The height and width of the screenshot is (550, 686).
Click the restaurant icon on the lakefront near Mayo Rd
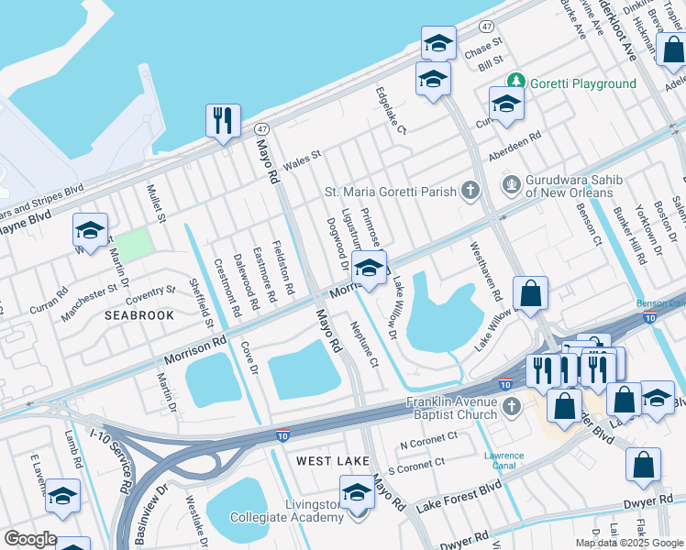(223, 121)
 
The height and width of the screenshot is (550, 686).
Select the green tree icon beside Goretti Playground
(516, 82)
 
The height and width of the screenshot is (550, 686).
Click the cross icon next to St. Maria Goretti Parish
(470, 192)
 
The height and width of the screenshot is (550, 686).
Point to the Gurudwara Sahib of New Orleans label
(570, 186)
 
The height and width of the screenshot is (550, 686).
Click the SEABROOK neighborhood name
(138, 314)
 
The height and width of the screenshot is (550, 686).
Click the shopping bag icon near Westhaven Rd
(530, 294)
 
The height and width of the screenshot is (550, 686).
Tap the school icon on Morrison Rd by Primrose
(368, 269)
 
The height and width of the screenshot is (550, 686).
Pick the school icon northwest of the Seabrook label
(90, 231)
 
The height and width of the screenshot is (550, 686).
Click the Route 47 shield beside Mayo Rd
(262, 130)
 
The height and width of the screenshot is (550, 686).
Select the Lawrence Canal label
(503, 460)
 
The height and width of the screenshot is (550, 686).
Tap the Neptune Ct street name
(362, 344)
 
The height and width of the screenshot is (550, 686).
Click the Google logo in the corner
(29, 540)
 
